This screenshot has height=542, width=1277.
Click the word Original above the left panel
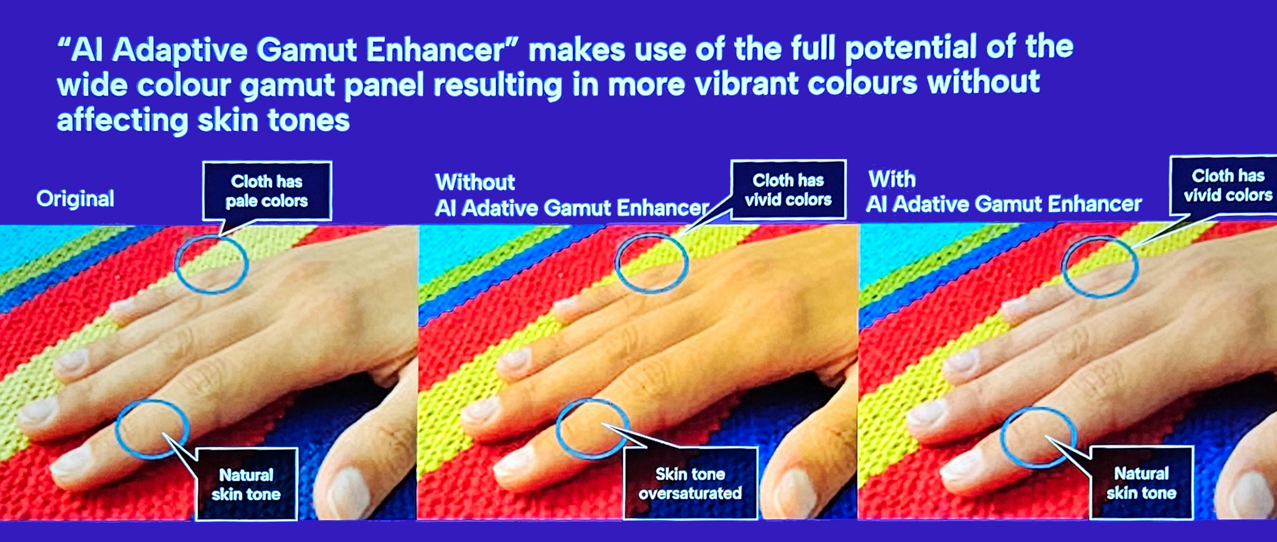(x=75, y=199)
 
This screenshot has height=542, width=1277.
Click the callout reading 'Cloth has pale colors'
(x=267, y=191)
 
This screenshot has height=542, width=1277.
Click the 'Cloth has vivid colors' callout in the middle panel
(x=788, y=189)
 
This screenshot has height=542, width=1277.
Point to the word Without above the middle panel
(x=475, y=182)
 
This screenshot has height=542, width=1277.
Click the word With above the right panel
(x=892, y=179)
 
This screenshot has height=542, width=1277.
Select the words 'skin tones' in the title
(x=274, y=120)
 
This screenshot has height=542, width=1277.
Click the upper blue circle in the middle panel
(x=616, y=263)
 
